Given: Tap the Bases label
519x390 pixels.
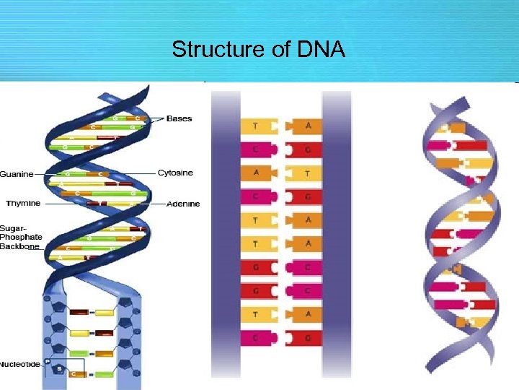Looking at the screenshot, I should [x=179, y=118].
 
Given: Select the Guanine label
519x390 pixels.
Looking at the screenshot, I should [x=16, y=174].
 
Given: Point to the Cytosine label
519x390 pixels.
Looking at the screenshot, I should [x=176, y=173].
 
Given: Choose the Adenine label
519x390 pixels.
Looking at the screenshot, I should [x=183, y=204].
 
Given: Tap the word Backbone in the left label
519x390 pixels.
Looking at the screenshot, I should [x=19, y=246].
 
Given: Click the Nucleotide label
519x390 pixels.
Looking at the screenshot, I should [x=20, y=364].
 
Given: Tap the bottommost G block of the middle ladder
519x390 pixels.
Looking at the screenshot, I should [x=303, y=337].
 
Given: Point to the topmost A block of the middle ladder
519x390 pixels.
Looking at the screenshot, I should [x=303, y=126].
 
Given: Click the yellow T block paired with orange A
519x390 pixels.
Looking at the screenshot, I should [x=303, y=173].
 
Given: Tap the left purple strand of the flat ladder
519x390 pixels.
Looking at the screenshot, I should [x=225, y=231].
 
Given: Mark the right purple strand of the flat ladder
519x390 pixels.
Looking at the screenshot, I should [x=336, y=231].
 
